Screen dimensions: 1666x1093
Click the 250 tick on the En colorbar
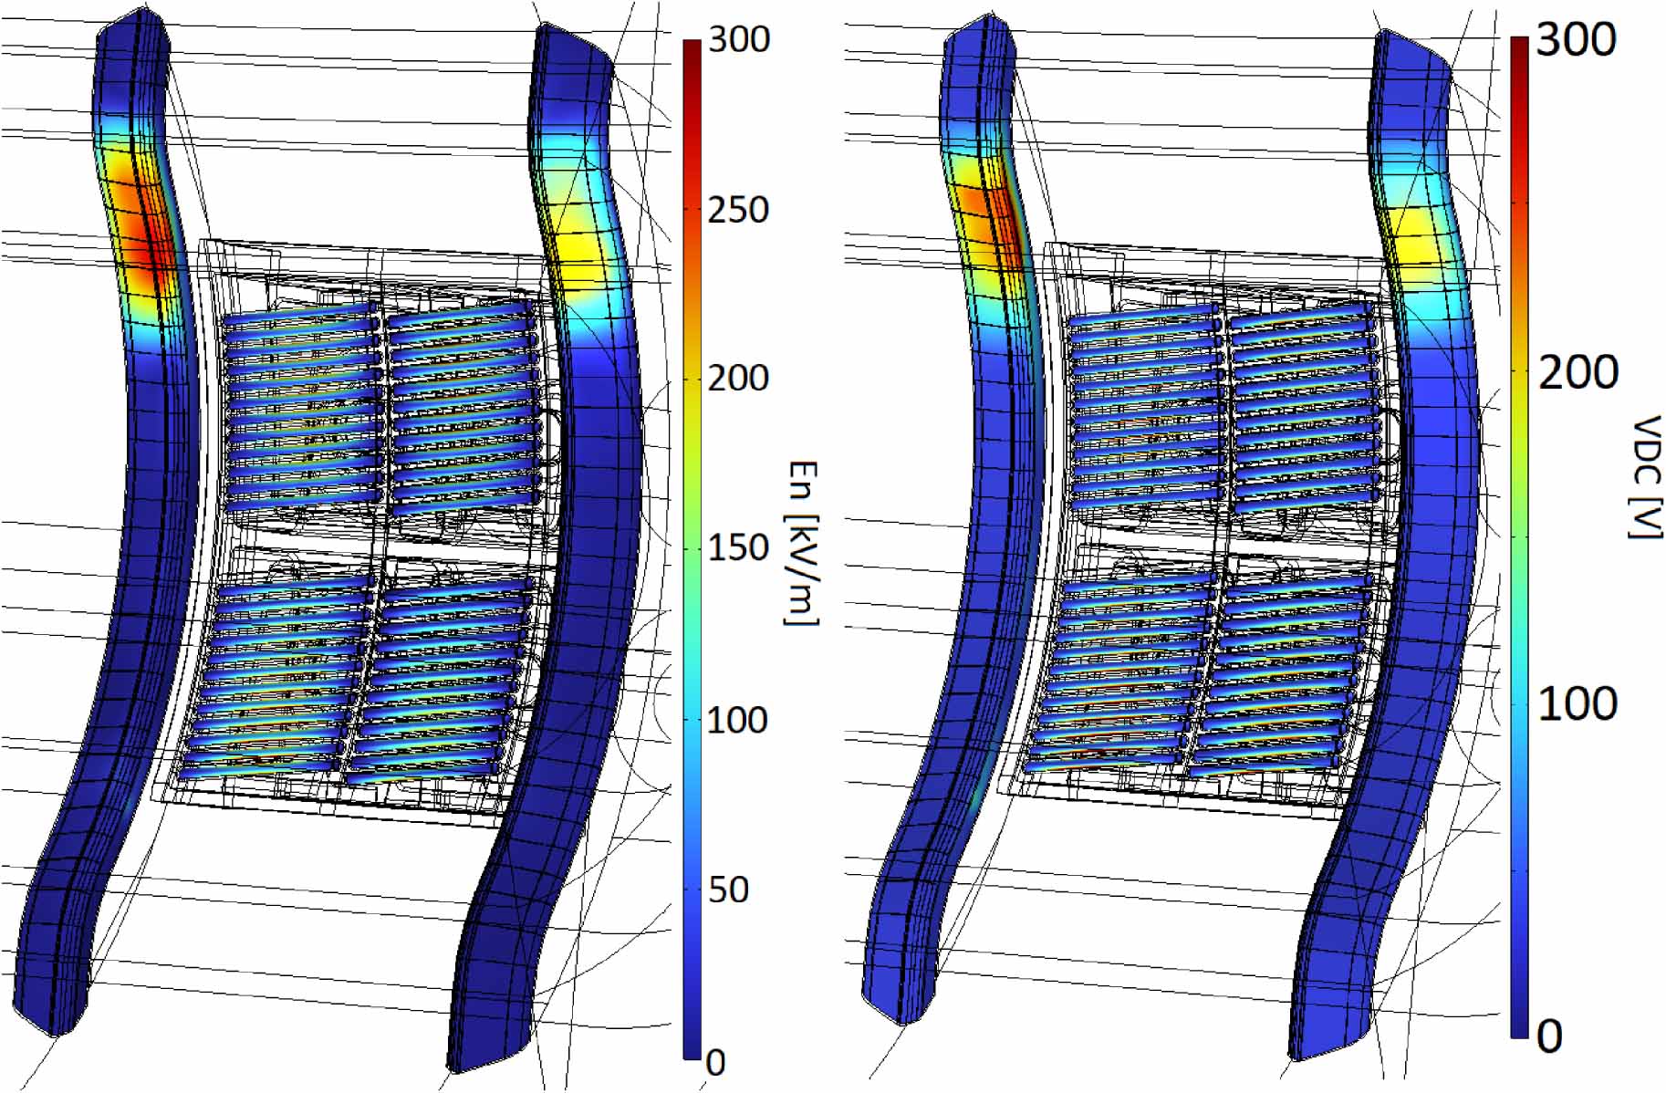(737, 210)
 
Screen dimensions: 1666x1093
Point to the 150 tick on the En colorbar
(737, 548)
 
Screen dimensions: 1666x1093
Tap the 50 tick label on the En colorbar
(728, 890)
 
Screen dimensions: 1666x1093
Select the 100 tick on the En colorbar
(737, 720)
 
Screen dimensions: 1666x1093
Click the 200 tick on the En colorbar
(737, 378)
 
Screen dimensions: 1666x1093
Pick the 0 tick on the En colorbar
(717, 1062)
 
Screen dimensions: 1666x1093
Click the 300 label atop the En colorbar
(737, 39)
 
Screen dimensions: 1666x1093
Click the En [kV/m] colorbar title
(801, 542)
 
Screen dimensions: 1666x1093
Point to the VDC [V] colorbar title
(1645, 476)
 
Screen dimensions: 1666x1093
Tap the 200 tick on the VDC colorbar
(1578, 372)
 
